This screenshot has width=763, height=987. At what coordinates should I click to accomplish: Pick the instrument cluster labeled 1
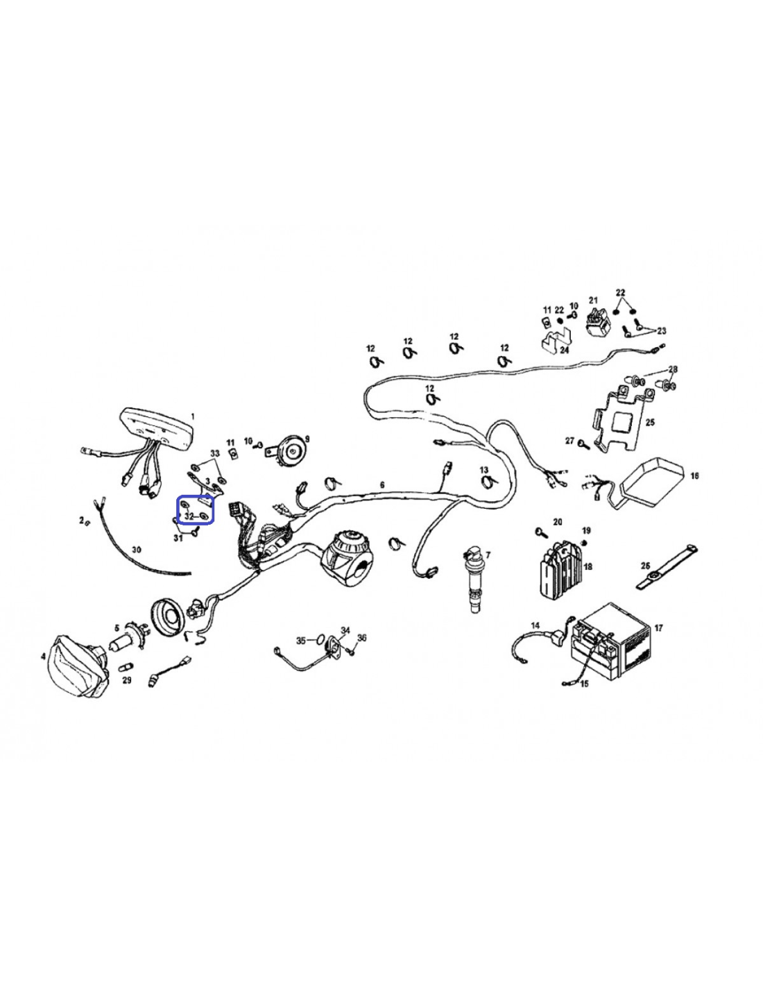tap(157, 428)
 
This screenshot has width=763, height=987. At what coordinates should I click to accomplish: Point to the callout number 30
tap(137, 550)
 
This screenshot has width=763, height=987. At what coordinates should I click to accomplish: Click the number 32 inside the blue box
tap(189, 516)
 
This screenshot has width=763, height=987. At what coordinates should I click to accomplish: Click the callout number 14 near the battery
tap(535, 625)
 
